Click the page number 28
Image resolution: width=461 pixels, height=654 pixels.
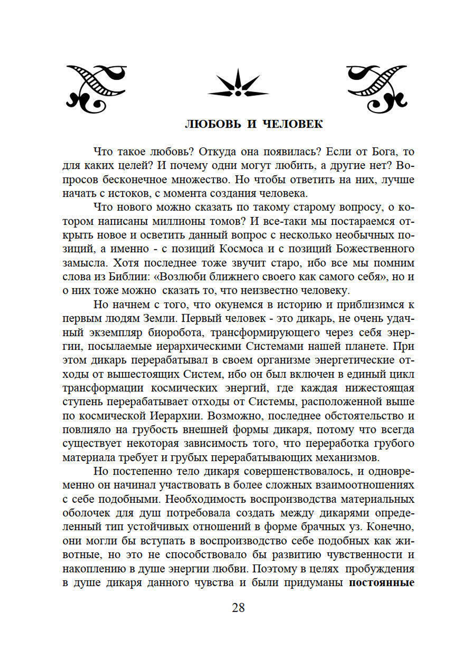[238, 607]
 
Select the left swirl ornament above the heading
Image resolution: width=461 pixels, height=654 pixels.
[96, 88]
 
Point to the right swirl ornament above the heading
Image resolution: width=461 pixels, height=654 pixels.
[377, 88]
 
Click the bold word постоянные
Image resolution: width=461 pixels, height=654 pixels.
[381, 583]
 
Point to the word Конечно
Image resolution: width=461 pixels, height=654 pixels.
[393, 527]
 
